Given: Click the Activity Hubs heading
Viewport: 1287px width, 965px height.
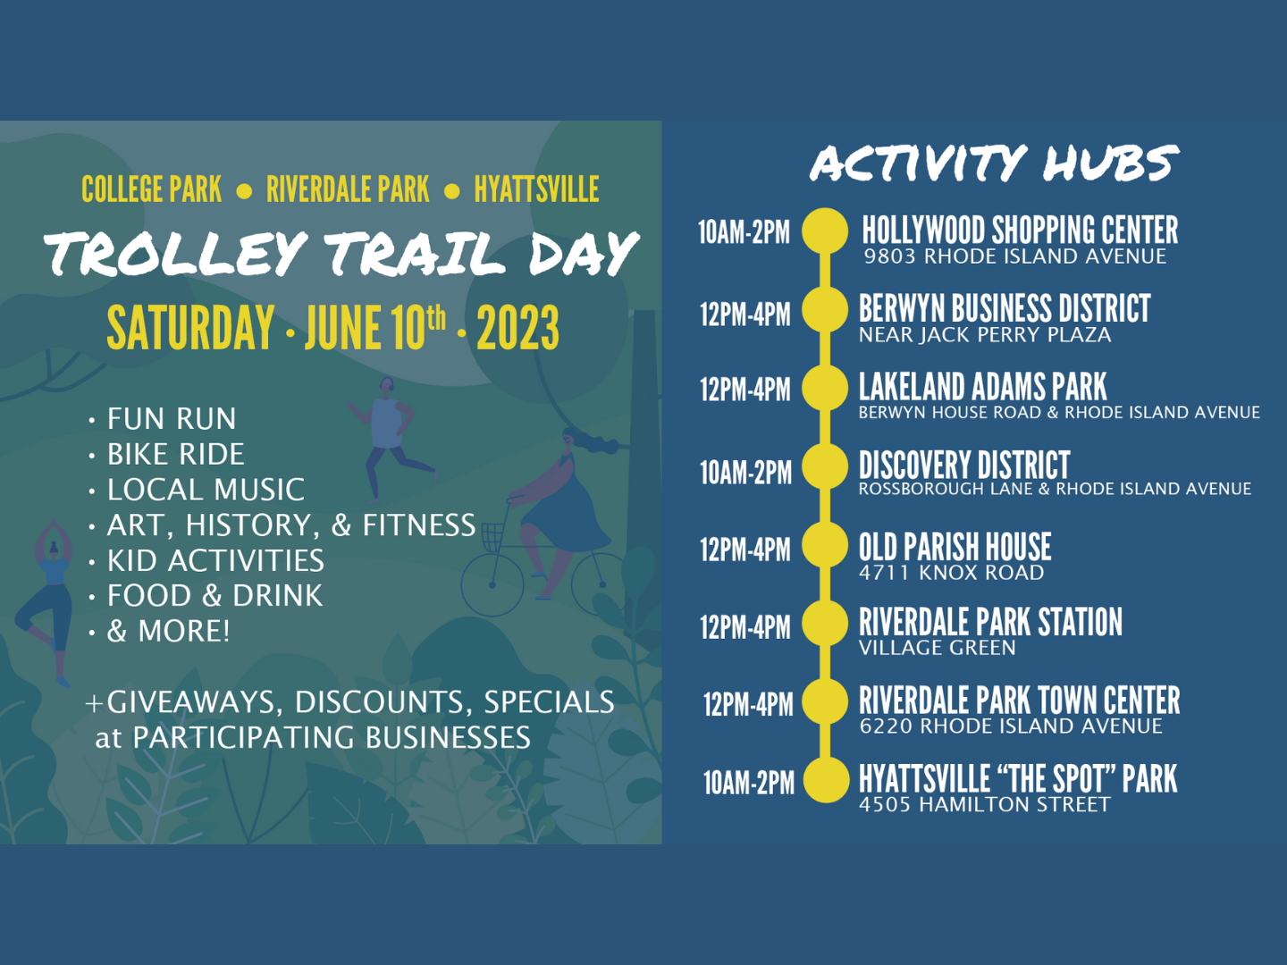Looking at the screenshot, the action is [x=995, y=163].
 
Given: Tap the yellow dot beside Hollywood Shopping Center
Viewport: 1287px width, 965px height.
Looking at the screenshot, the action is [x=825, y=231].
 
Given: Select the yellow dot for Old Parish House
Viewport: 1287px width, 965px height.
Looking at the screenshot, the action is [x=825, y=545].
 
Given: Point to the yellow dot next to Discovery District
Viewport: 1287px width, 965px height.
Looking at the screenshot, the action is [x=825, y=466].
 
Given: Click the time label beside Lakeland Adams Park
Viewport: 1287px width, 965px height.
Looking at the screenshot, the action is [x=745, y=390].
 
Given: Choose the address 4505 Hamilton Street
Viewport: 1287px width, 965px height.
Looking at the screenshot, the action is [x=984, y=804].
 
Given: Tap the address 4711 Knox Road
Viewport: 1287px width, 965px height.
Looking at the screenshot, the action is [x=951, y=573].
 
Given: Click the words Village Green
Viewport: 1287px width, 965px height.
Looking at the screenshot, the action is [x=937, y=648].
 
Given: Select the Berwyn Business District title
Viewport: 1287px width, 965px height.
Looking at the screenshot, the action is [x=1005, y=308].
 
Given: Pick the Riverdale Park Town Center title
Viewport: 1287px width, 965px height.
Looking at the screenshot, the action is [x=1019, y=701].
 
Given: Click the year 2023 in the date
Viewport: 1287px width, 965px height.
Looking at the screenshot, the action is [x=517, y=328].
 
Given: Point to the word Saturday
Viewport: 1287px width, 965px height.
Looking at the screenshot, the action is [x=190, y=328].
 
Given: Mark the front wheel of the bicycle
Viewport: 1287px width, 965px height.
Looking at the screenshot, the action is [x=492, y=584].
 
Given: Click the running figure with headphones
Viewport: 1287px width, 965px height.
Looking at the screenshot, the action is [x=390, y=441].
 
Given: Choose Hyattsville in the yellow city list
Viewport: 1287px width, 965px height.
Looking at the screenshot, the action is [x=536, y=189].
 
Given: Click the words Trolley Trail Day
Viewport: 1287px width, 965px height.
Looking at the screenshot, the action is [x=341, y=253].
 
